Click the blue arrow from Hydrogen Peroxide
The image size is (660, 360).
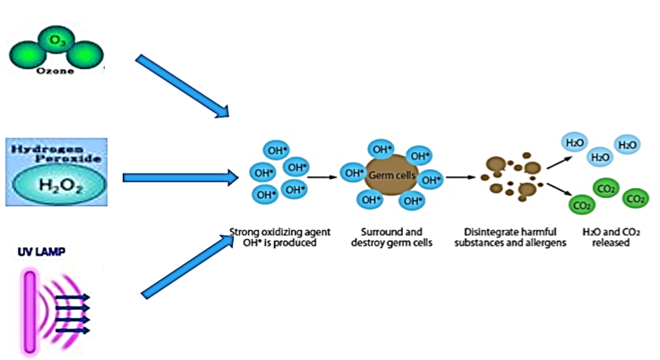coord(180,177)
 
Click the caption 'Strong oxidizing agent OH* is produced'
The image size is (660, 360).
coord(274,236)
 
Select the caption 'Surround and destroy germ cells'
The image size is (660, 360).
coord(387,236)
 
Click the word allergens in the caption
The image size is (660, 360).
coord(541,242)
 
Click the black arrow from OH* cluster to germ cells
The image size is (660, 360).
coord(322,176)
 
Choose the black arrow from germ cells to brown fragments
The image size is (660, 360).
coord(459,176)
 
